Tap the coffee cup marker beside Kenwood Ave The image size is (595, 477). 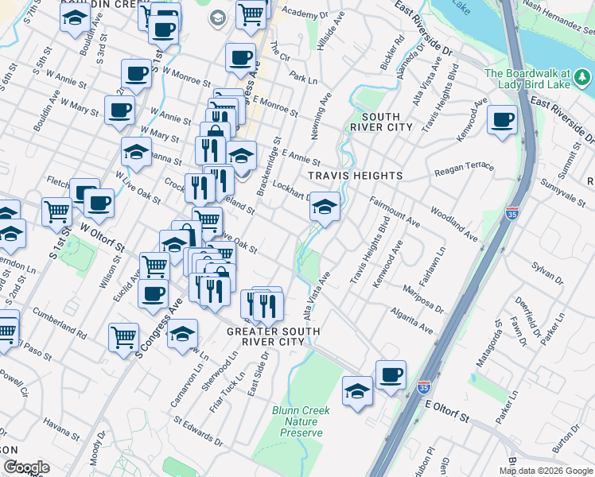tap(502, 120)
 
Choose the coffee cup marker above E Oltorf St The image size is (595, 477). tap(390, 375)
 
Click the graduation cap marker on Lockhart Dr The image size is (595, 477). tap(324, 207)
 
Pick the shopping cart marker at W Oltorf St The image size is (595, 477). tap(57, 211)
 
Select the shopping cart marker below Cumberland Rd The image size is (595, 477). tap(124, 337)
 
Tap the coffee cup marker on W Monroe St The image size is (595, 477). tap(137, 75)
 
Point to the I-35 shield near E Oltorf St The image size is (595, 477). tap(424, 389)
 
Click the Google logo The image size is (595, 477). tap(25, 467)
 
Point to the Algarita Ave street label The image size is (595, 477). tap(412, 321)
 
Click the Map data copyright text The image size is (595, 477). tap(546, 471)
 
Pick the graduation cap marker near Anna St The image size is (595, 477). tap(137, 151)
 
